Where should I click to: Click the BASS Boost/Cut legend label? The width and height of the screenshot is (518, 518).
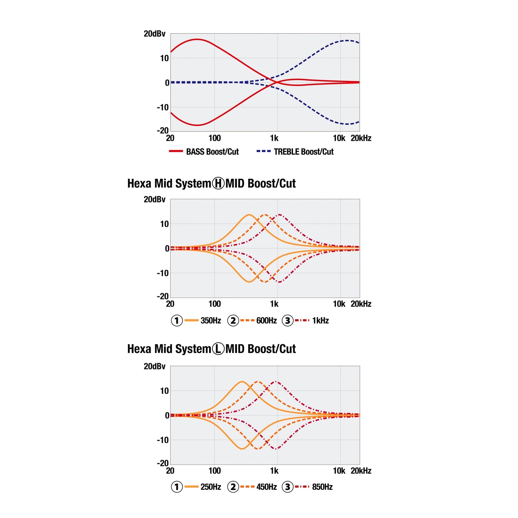212,152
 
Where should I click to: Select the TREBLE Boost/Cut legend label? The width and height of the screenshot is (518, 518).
304,152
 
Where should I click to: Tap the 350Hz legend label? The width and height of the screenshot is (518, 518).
211,320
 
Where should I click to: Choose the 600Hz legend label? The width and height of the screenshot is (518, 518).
266,320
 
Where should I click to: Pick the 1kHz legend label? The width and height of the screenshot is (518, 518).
320,320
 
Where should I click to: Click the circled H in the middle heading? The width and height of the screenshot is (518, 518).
218,184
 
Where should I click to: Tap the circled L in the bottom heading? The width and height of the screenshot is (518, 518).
218,349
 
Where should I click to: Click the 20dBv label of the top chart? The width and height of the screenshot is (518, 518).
155,34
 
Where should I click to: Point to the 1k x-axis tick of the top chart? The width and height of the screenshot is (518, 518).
274,138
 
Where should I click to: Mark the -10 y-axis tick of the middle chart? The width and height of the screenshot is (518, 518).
163,273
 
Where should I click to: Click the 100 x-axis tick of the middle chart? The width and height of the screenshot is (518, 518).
214,304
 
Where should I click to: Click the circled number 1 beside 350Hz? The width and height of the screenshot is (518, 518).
177,320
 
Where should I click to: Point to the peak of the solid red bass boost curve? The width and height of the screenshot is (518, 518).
197,39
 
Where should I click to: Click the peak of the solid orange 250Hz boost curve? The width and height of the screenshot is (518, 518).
242,381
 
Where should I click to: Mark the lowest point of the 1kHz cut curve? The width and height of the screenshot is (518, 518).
280,282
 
